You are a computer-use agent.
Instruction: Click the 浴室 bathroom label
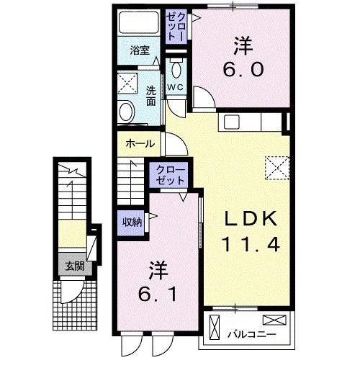pos(140,50)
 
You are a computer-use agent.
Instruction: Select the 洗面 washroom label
pos(151,96)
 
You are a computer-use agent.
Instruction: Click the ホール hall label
pos(140,143)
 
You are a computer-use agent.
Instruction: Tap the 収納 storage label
pos(131,221)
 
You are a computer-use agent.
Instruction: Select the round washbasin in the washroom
pos(127,112)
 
